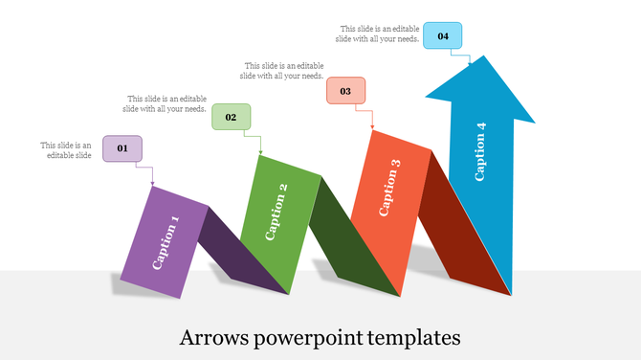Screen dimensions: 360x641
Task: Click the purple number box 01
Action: point(122,148)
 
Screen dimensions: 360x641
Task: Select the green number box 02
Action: point(231,117)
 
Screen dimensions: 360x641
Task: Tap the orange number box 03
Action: point(345,91)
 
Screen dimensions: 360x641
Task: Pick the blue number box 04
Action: point(443,35)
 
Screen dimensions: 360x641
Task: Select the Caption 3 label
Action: point(389,188)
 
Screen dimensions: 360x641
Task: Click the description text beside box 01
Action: point(66,150)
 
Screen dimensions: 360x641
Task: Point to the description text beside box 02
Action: point(166,103)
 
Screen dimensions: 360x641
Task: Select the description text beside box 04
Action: point(377,34)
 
